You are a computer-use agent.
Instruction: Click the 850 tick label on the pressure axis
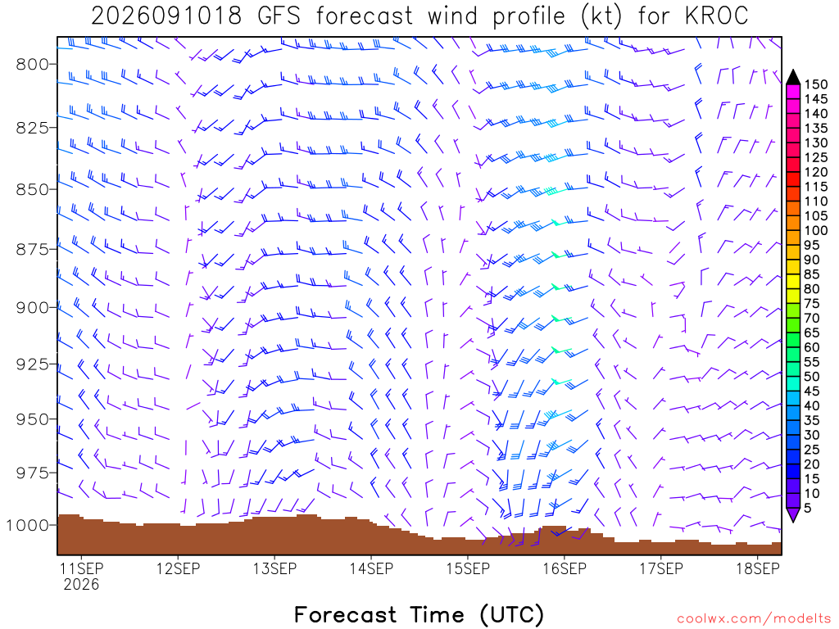pos(32,189)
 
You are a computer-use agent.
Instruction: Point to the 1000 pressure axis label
pos(27,525)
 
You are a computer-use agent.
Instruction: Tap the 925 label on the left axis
pos(32,364)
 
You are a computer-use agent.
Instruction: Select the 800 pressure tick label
pos(32,64)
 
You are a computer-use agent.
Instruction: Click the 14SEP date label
pos(371,568)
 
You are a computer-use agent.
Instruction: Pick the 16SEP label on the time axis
pos(565,568)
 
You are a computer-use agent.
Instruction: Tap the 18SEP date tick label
pos(758,568)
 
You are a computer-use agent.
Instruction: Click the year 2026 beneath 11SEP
pos(81,584)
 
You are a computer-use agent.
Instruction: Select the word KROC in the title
pos(716,16)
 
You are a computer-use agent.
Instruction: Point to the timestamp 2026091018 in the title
pos(166,16)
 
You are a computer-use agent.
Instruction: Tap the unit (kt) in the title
pos(601,16)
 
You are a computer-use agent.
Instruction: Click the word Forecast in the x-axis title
pos(345,614)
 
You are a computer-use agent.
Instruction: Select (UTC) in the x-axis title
pos(513,614)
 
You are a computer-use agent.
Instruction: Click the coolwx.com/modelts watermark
pos(754,619)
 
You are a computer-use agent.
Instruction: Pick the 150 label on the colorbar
pos(816,84)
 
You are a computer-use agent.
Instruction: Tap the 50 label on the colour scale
pos(812,377)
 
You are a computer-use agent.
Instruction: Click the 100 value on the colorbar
pos(816,230)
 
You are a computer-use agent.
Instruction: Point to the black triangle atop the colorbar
pos(793,77)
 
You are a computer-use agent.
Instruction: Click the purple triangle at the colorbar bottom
pos(793,514)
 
